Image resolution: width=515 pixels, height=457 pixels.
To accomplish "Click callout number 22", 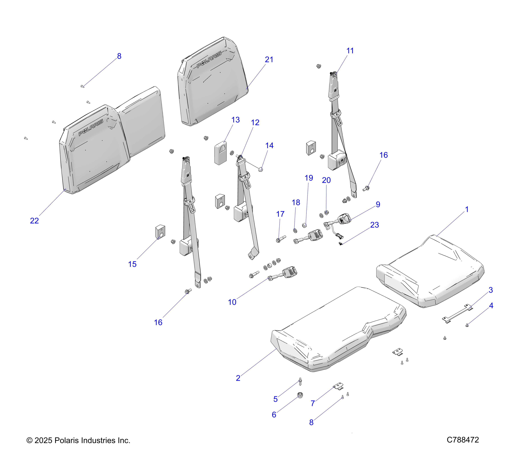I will pyautogui.click(x=34, y=221).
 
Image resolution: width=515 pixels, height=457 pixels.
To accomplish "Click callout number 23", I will pyautogui.click(x=374, y=225).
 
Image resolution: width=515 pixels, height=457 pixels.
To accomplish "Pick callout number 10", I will pyautogui.click(x=232, y=302).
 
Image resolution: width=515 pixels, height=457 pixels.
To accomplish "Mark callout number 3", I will pyautogui.click(x=491, y=290).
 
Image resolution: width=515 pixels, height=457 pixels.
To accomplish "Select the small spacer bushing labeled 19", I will pyautogui.click(x=304, y=225).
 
